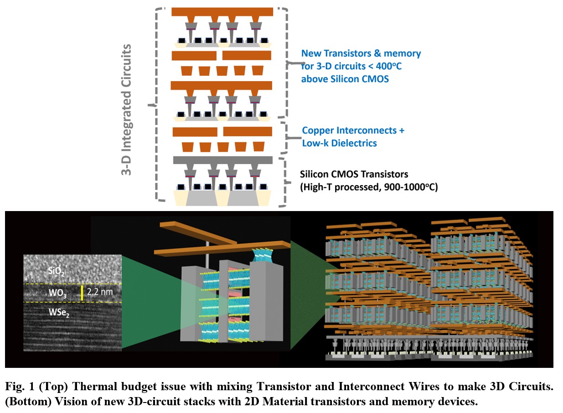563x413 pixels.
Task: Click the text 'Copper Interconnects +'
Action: [x=353, y=131]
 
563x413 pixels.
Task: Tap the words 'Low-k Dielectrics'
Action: [x=339, y=143]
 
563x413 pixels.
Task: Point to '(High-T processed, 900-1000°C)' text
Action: [x=368, y=187]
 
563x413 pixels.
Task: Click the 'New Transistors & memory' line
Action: [x=361, y=54]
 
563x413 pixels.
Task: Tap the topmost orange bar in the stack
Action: [x=222, y=12]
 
